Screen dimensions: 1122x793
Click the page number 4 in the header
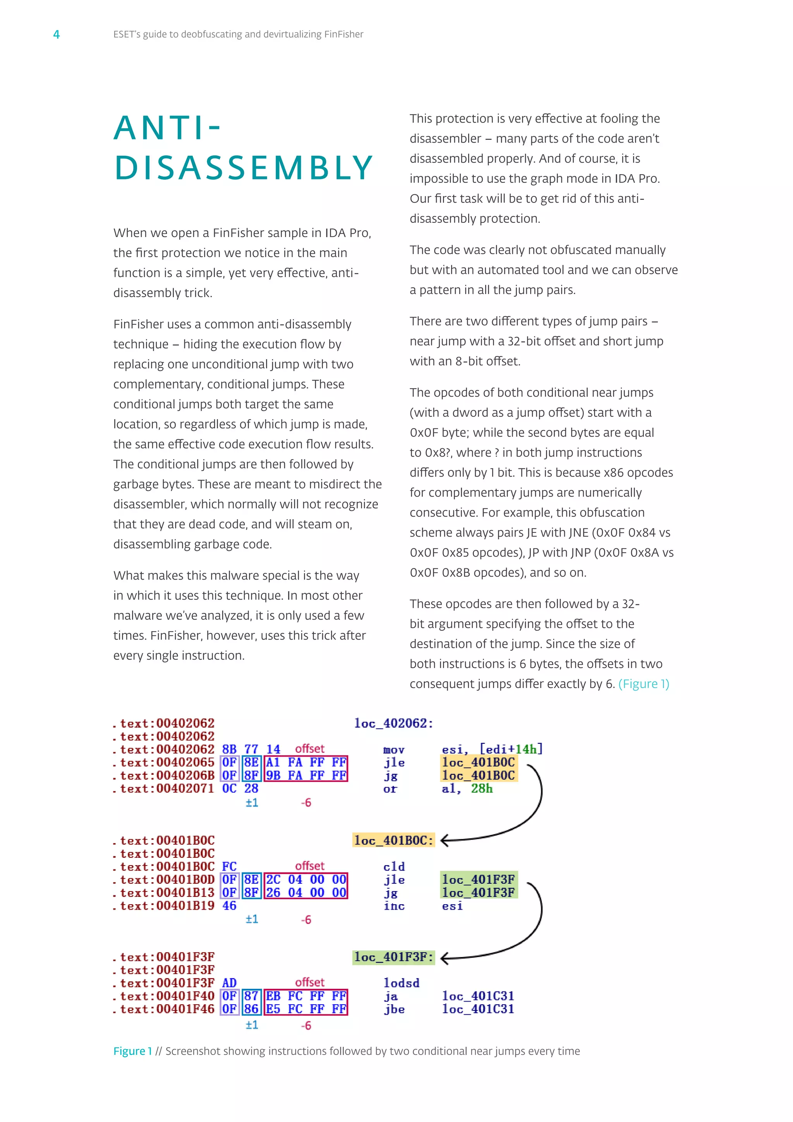[56, 34]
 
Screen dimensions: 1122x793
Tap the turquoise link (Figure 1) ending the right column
[644, 684]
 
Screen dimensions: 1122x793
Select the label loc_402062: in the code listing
[393, 723]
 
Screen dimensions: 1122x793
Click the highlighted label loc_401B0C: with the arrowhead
[393, 840]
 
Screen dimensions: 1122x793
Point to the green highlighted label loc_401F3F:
[393, 957]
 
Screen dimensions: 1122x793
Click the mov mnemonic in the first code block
[393, 750]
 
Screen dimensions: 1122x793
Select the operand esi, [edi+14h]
[492, 749]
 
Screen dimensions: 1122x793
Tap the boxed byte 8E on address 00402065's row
[251, 762]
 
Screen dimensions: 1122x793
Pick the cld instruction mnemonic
[393, 866]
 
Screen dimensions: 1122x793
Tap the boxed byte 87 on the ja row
[251, 996]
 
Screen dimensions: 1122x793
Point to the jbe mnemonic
[393, 1009]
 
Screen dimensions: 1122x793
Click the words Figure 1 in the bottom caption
[132, 1051]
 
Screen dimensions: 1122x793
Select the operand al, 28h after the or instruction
[467, 788]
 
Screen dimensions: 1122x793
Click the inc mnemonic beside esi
[393, 906]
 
